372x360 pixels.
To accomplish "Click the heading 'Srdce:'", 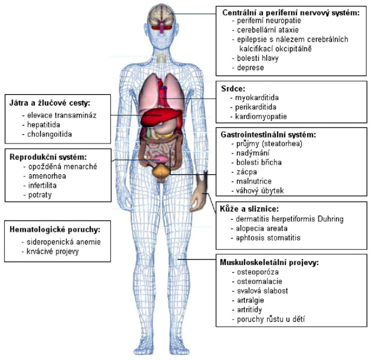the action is (x=233, y=88).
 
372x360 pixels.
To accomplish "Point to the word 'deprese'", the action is (x=250, y=67).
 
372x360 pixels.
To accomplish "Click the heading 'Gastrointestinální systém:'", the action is (x=268, y=135).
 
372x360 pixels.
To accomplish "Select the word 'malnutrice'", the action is (x=254, y=181).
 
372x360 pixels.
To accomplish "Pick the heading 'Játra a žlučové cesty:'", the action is (x=50, y=103).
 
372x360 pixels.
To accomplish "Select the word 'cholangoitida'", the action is (x=50, y=134).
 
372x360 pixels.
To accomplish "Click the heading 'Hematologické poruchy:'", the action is (x=55, y=229).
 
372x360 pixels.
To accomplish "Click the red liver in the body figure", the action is (x=161, y=116).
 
